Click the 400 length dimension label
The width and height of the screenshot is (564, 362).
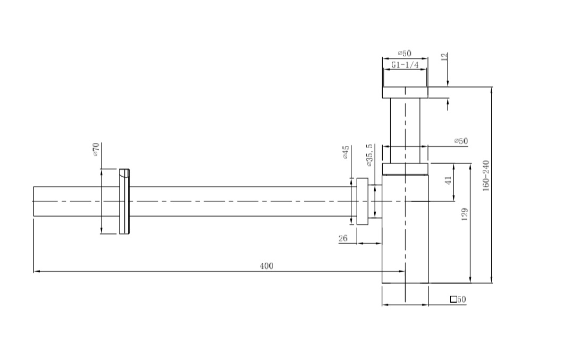pyautogui.click(x=266, y=266)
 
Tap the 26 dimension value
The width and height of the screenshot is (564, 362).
pyautogui.click(x=343, y=238)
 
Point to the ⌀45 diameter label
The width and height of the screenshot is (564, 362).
pyautogui.click(x=345, y=152)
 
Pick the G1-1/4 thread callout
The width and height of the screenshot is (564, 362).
pyautogui.click(x=405, y=65)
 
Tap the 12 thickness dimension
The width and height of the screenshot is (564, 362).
pyautogui.click(x=445, y=57)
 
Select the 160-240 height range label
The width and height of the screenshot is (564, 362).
pyautogui.click(x=486, y=177)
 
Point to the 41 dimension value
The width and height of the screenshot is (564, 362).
pyautogui.click(x=448, y=180)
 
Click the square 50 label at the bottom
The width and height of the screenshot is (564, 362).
pyautogui.click(x=458, y=299)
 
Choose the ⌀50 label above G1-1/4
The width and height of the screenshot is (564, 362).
pyautogui.click(x=405, y=54)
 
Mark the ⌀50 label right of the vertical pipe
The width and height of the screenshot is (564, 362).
pyautogui.click(x=461, y=141)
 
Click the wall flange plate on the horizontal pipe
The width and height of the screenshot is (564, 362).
pyautogui.click(x=124, y=202)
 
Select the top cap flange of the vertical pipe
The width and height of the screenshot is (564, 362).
pyautogui.click(x=405, y=92)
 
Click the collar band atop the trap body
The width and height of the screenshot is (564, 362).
pyautogui.click(x=405, y=169)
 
